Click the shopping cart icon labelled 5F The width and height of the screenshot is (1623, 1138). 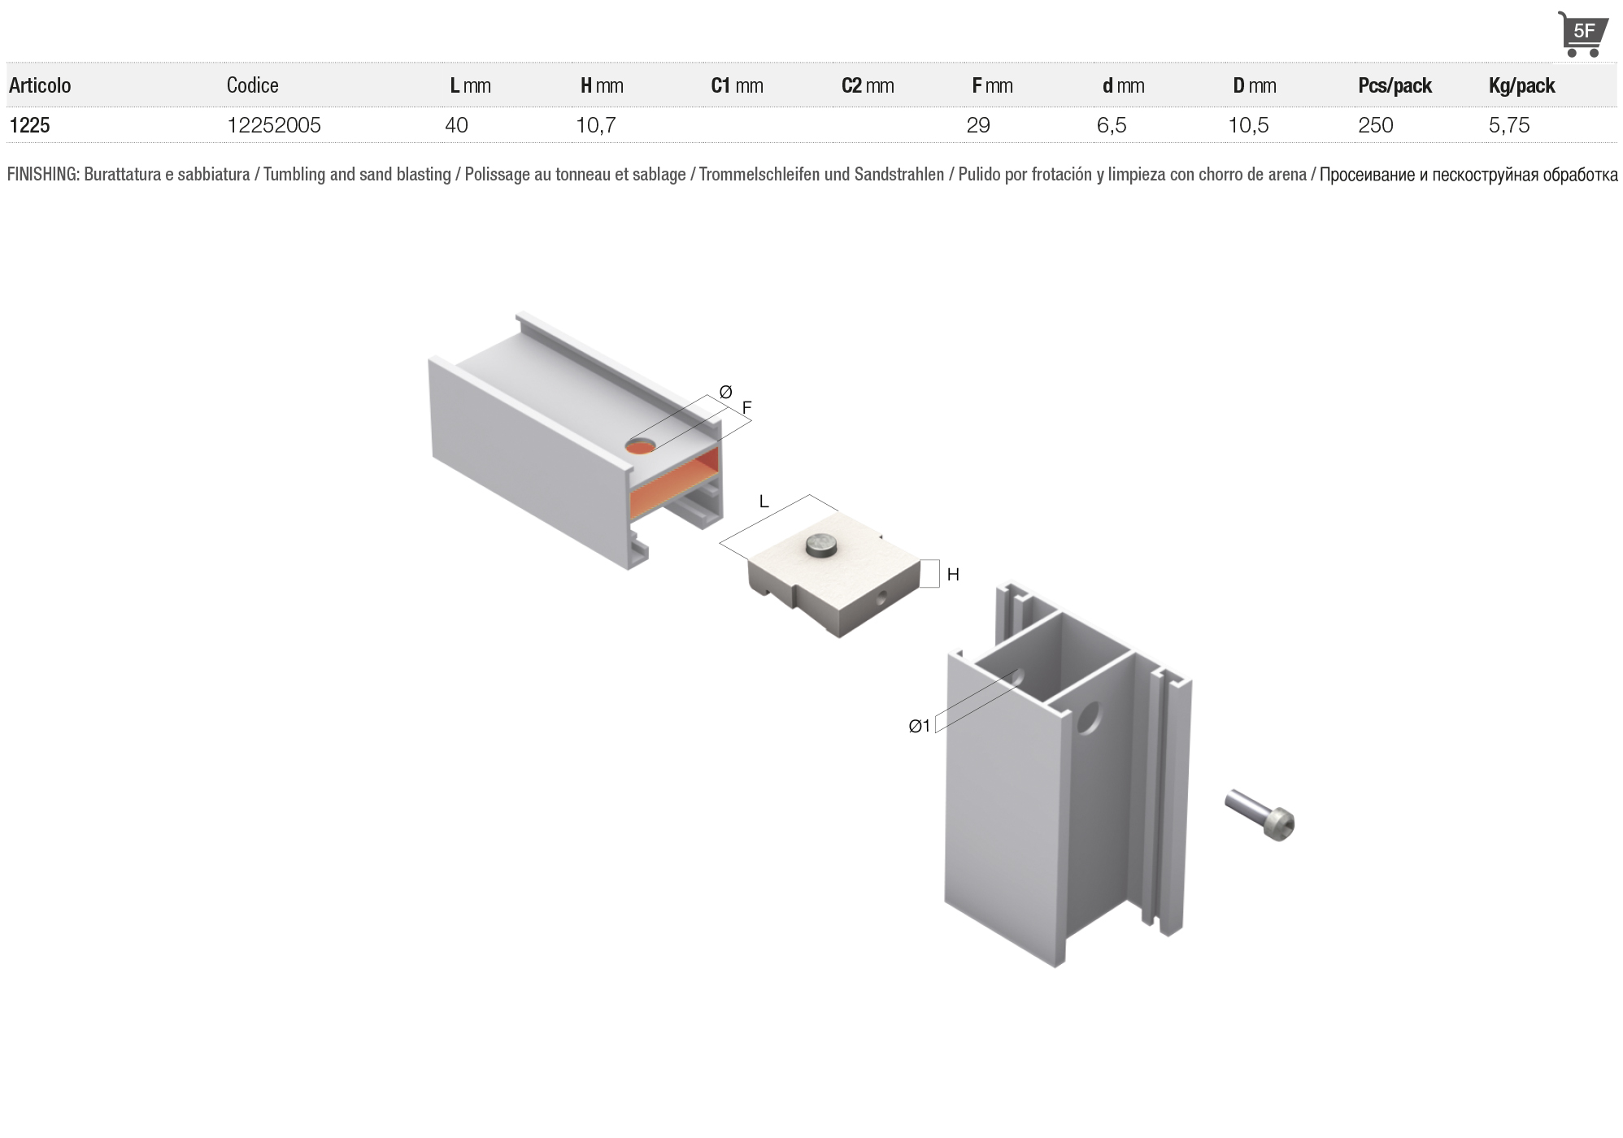[1582, 34]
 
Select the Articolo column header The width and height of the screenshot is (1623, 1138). [40, 85]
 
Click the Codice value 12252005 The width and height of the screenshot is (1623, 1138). [274, 125]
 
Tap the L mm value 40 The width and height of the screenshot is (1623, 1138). [456, 125]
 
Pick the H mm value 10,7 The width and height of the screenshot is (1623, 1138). [596, 125]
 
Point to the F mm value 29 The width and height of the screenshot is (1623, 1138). [978, 125]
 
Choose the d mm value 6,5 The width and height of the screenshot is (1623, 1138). [1112, 125]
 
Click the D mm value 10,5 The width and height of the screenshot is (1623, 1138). [1248, 125]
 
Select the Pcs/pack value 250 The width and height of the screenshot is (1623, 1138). [1376, 125]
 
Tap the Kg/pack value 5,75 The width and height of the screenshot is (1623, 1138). [1509, 125]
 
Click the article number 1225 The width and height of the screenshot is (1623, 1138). [29, 125]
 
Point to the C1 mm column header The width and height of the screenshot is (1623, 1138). [737, 85]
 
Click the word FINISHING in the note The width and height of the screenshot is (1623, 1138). [42, 175]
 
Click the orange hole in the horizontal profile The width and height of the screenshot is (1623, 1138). [641, 446]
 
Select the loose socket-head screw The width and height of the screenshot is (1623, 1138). [1260, 814]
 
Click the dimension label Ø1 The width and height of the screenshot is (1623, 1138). [920, 726]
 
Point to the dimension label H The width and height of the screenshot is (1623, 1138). [953, 575]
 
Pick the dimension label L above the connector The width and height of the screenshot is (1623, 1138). [764, 502]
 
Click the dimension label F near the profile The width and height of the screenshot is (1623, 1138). [746, 408]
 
